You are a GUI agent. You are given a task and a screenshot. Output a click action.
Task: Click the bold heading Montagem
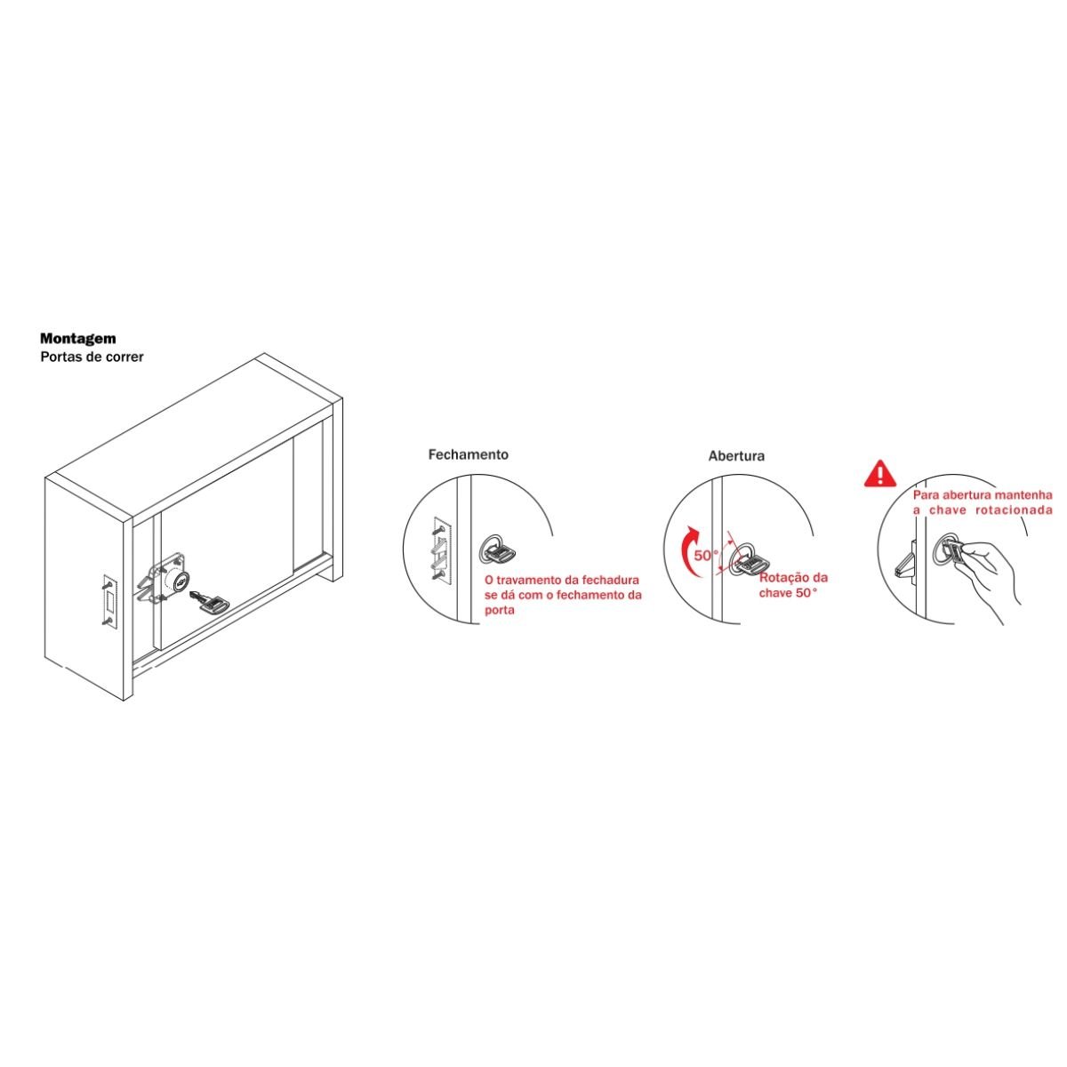coord(78,338)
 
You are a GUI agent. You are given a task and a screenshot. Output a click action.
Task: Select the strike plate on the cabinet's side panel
coord(109,602)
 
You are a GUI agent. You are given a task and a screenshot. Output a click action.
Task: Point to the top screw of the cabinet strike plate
coord(107,582)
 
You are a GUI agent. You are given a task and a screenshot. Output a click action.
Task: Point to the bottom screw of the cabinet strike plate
coord(107,622)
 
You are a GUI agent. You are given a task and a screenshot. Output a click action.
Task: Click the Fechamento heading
coord(468,454)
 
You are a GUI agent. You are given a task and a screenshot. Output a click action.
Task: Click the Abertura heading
coord(736,456)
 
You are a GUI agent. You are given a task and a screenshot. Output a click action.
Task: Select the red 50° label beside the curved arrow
coord(707,556)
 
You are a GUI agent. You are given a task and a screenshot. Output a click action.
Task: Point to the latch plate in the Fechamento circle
coord(443,552)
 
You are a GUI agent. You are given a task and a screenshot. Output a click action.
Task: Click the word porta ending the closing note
coord(500,611)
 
